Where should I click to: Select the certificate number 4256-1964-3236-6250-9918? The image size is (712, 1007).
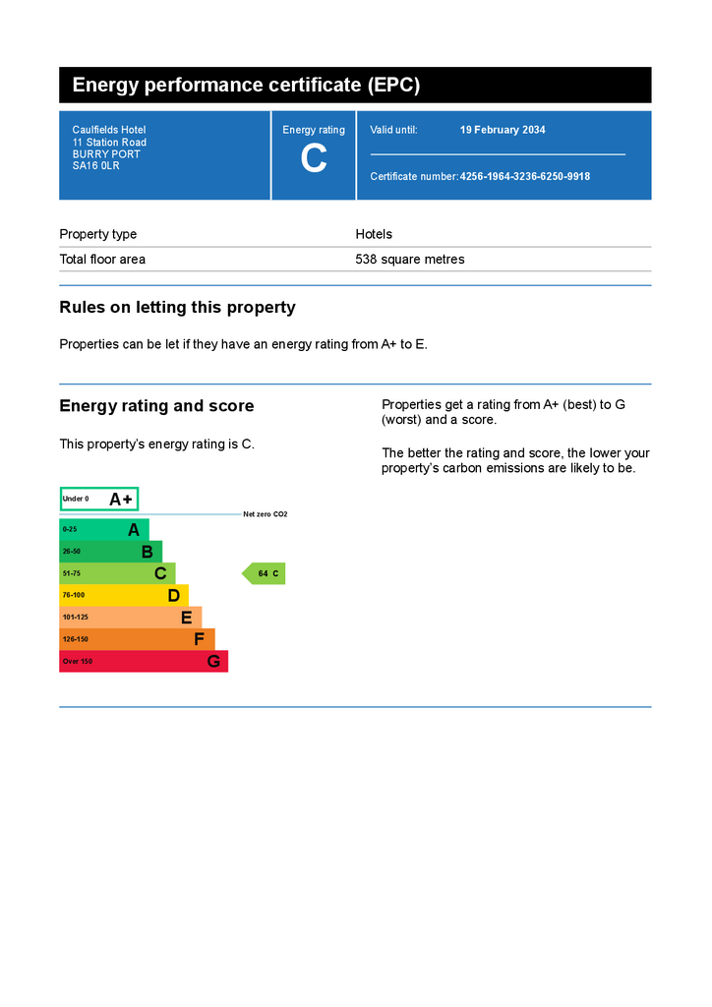click(525, 177)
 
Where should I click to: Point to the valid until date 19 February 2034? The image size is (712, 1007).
click(503, 130)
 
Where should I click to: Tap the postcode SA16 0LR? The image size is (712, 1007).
click(95, 166)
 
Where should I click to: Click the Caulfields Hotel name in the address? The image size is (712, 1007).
click(108, 130)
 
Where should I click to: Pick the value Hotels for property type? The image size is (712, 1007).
click(374, 234)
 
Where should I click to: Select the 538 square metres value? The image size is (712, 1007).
click(409, 260)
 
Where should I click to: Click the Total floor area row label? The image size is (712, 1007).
click(102, 260)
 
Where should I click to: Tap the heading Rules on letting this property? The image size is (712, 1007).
click(177, 308)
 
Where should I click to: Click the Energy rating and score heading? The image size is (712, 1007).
click(156, 406)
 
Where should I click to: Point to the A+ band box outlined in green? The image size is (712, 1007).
click(99, 499)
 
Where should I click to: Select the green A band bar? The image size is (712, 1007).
click(104, 529)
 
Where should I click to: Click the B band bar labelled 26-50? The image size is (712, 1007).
click(110, 552)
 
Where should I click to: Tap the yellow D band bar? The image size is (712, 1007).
click(124, 595)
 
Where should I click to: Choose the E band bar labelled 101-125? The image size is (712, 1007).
click(130, 618)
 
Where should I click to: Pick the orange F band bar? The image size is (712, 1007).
click(137, 639)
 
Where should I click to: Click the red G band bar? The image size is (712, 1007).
click(144, 661)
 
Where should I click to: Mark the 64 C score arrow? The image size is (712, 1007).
click(265, 573)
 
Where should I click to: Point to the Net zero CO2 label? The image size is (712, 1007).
click(266, 514)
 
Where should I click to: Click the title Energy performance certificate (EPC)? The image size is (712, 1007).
click(246, 86)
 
